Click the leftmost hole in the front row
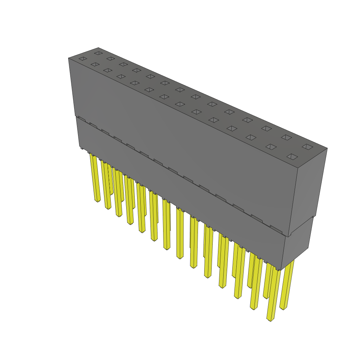pos(83,58)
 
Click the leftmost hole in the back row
pos(98,53)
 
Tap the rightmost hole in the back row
pos(307,146)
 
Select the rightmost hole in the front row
pos(292,156)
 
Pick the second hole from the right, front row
pos(271,146)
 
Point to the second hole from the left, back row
pos(111,58)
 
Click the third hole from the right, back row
pos(266,128)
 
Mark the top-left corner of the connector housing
pos(69,58)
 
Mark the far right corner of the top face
pos(327,148)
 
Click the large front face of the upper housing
pos(183,141)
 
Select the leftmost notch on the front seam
pos(81,119)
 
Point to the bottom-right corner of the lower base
pos(281,270)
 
